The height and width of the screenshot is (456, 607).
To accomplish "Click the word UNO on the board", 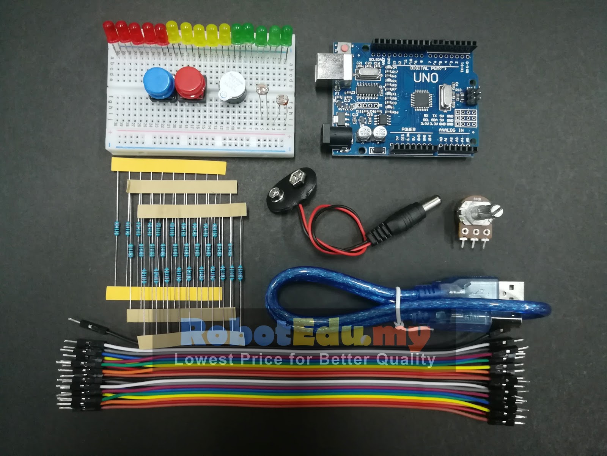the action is click(426, 78).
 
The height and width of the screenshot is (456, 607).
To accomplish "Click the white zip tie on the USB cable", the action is click(398, 307).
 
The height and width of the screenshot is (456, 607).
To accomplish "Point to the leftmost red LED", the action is click(109, 30).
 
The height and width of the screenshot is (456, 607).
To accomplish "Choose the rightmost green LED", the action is click(287, 34).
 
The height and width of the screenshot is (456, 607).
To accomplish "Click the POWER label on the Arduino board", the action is click(408, 129).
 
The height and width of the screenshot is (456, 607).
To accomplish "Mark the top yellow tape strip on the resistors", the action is click(168, 167).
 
